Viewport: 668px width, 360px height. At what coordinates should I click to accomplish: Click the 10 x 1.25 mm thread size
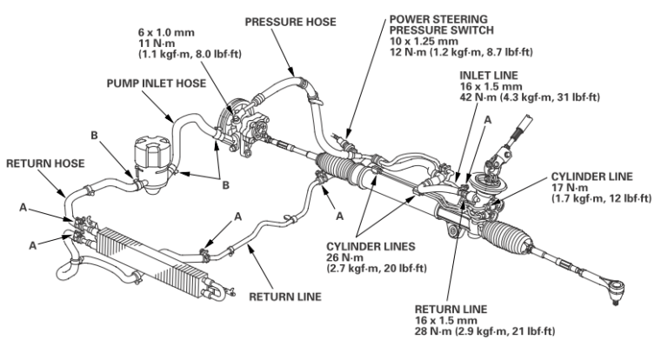424,40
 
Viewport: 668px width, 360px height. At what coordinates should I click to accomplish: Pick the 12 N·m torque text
406,52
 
